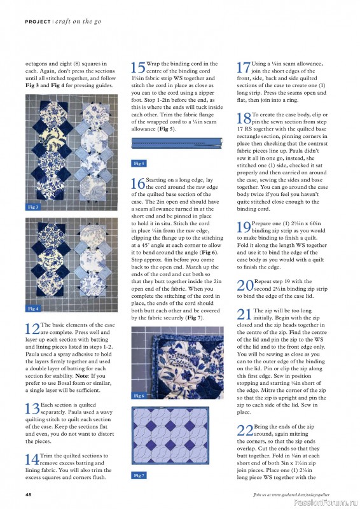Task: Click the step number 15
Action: click(x=137, y=69)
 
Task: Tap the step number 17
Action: click(x=243, y=69)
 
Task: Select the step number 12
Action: click(x=32, y=330)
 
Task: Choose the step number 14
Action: click(x=32, y=459)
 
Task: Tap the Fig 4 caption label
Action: click(x=32, y=308)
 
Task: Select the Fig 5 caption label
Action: click(x=139, y=164)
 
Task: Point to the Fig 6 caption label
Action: click(x=139, y=396)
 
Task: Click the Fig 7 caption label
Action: click(x=139, y=475)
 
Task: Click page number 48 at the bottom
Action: click(x=29, y=494)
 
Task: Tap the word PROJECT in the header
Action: click(x=38, y=22)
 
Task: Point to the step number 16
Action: click(x=137, y=185)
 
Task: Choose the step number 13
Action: click(x=32, y=409)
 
